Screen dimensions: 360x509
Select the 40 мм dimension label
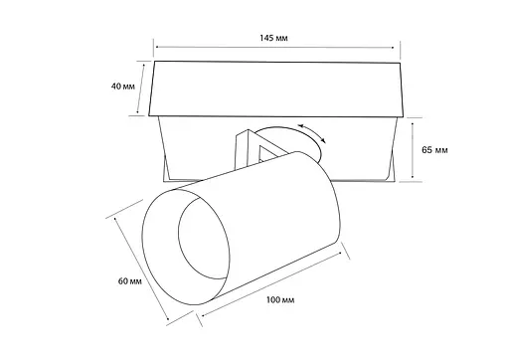pyautogui.click(x=123, y=87)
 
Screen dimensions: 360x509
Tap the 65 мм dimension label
pyautogui.click(x=435, y=150)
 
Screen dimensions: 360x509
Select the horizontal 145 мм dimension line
pyautogui.click(x=275, y=47)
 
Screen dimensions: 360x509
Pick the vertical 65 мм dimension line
pyautogui.click(x=413, y=150)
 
